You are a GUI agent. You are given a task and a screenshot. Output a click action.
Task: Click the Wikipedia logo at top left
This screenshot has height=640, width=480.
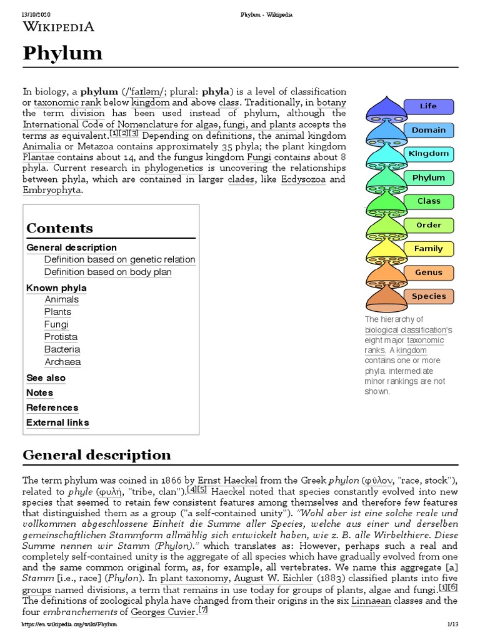coord(59,26)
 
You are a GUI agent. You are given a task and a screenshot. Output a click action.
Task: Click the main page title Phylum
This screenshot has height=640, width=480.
coord(62,54)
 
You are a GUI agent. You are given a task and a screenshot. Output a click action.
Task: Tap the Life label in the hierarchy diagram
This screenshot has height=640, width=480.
coord(428,106)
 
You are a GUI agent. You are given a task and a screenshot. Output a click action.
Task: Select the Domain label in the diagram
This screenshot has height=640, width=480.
coord(428,130)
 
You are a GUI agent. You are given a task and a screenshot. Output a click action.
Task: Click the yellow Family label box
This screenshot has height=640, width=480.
coord(428,249)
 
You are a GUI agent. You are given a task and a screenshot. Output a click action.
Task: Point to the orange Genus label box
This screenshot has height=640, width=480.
coord(428,272)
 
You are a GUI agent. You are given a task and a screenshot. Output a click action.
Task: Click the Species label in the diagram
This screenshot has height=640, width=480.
coord(428,296)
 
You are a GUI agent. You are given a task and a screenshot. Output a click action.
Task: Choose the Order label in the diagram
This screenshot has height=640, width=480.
coord(428,225)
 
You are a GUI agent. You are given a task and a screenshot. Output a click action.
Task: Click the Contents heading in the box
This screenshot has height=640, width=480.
coord(59,228)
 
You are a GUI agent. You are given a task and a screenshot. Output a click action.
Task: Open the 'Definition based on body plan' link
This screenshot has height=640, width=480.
coord(107,272)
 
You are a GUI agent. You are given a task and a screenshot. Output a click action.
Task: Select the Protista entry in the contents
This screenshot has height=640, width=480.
coord(61,337)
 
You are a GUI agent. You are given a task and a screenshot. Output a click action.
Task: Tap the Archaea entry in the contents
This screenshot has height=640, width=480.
coord(62,362)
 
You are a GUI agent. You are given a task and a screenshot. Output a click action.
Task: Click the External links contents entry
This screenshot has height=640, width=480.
coord(57,422)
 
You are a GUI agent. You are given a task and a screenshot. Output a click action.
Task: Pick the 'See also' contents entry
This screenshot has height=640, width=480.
coord(46,378)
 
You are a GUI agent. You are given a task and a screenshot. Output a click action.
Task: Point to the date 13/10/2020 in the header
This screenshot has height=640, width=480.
coord(36,14)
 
